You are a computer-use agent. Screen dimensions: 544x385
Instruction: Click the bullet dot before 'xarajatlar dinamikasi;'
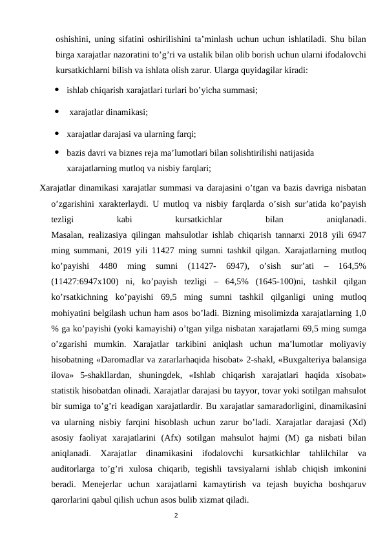(57, 112)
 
